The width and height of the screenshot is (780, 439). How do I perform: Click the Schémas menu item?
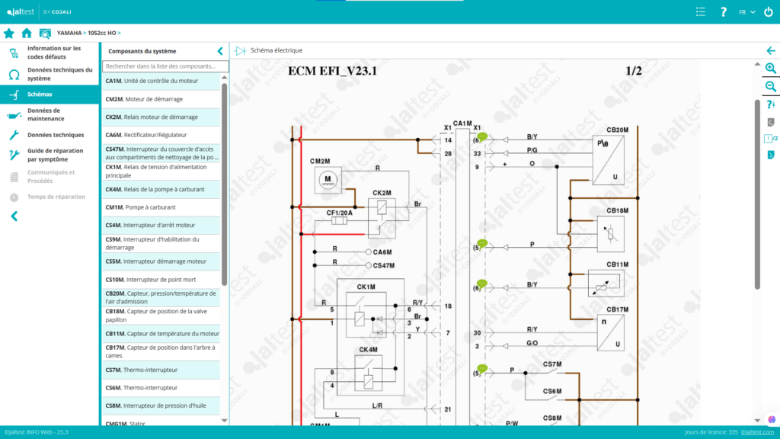tap(40, 95)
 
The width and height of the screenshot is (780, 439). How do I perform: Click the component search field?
tap(165, 67)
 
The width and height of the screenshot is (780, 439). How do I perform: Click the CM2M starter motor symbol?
tap(328, 178)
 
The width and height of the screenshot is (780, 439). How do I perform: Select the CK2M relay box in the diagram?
tap(381, 207)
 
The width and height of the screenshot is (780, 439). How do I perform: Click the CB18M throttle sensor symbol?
tap(611, 232)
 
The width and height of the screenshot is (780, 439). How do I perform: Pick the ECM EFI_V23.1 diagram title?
tap(332, 72)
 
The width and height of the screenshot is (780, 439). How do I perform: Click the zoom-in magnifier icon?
tap(771, 69)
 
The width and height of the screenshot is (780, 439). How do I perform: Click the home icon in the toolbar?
tap(27, 34)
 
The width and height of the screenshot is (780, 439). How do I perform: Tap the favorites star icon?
tap(9, 34)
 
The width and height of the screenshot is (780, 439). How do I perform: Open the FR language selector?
tap(746, 12)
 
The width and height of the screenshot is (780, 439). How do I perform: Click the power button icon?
tap(768, 12)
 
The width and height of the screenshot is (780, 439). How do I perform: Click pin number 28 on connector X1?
tap(448, 154)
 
